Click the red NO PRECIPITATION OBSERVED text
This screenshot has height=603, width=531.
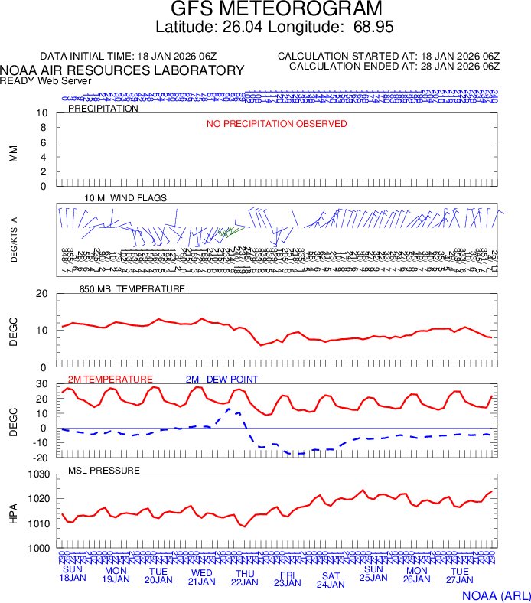(276, 124)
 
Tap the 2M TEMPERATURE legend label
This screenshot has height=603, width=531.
(110, 380)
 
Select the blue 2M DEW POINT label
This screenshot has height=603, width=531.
(222, 380)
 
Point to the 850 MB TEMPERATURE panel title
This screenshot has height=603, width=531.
(132, 289)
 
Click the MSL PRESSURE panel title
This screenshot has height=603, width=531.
(104, 470)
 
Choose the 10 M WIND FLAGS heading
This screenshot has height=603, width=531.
(125, 198)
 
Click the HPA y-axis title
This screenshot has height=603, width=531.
(13, 511)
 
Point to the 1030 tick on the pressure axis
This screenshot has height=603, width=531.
(39, 474)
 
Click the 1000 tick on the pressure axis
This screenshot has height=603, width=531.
(39, 548)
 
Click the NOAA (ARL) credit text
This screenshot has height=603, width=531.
(496, 594)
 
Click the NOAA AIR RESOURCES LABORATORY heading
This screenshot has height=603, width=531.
(122, 70)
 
